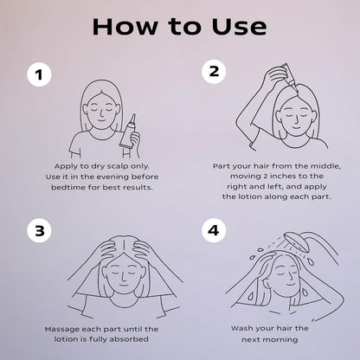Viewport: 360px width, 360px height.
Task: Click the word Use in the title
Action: [239, 27]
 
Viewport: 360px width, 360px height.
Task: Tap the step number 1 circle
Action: [39, 74]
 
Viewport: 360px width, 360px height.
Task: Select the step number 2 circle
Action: [214, 71]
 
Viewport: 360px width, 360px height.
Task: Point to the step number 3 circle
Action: [39, 231]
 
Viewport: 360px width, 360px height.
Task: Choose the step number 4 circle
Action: [214, 230]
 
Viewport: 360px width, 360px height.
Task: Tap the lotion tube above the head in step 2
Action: [289, 75]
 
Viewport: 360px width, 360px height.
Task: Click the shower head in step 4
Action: [298, 242]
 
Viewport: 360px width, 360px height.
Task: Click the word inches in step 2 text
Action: [282, 176]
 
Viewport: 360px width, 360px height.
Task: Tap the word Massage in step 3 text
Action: [62, 330]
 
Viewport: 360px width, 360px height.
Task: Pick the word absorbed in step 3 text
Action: [129, 339]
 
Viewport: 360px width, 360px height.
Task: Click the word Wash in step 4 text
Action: [241, 328]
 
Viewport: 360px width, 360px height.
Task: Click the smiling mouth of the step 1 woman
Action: [101, 119]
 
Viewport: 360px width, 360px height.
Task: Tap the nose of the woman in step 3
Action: [123, 278]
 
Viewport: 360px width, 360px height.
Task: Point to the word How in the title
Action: [125, 27]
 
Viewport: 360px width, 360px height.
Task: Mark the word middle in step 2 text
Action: [325, 166]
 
